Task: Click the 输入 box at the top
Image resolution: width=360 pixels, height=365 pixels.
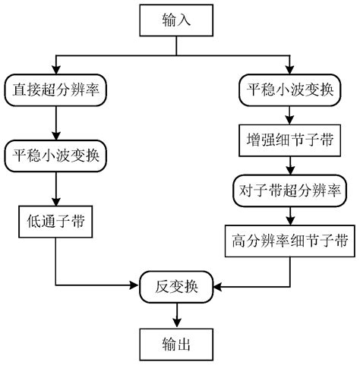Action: [177, 21]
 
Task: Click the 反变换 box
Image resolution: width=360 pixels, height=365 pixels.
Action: [177, 287]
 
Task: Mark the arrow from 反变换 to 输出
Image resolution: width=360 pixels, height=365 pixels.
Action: [177, 313]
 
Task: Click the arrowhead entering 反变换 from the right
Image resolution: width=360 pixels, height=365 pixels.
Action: [219, 287]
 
